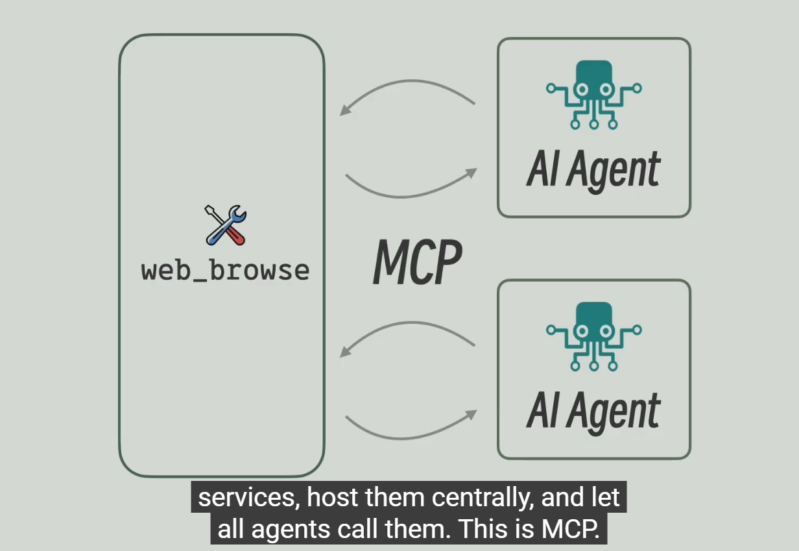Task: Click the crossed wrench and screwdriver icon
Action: pos(226,225)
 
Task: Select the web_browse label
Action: pos(225,270)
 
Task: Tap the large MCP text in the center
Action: pos(418,262)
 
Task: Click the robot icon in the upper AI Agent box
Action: pos(593,93)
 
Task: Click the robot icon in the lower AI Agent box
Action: pos(593,336)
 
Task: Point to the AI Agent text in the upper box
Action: pos(593,170)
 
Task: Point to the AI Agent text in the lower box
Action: pos(593,411)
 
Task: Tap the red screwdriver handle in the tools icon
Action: pos(237,236)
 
